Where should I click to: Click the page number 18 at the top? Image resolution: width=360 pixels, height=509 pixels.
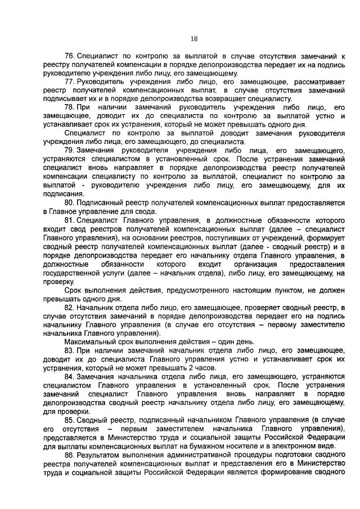pyautogui.click(x=194, y=39)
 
